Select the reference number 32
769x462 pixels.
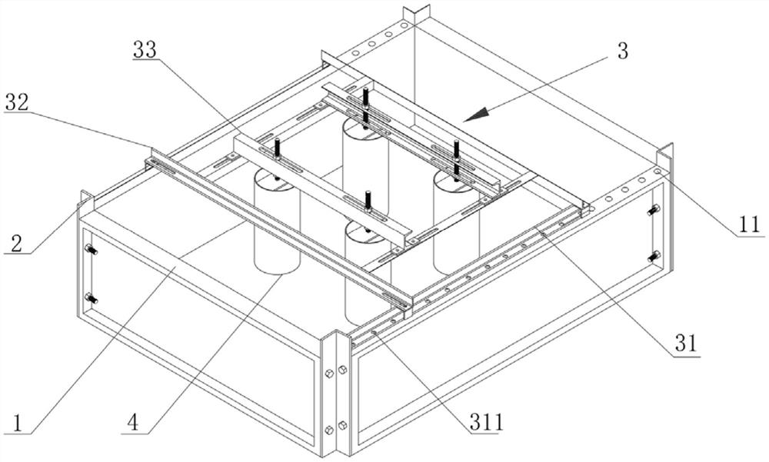pyautogui.click(x=18, y=102)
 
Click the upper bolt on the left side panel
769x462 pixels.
pyautogui.click(x=91, y=249)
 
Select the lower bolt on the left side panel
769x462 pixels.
pyautogui.click(x=91, y=298)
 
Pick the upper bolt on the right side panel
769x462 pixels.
pyautogui.click(x=654, y=209)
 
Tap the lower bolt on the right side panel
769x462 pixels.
pyautogui.click(x=654, y=257)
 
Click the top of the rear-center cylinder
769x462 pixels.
pyautogui.click(x=365, y=127)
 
